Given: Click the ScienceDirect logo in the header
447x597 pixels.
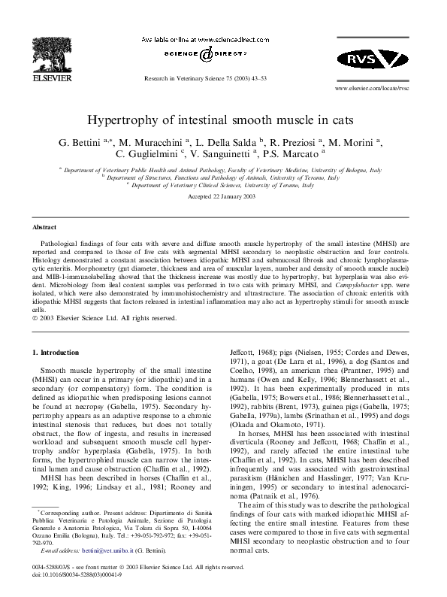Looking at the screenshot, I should coord(200,53).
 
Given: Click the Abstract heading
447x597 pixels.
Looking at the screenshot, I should coord(44,226).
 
